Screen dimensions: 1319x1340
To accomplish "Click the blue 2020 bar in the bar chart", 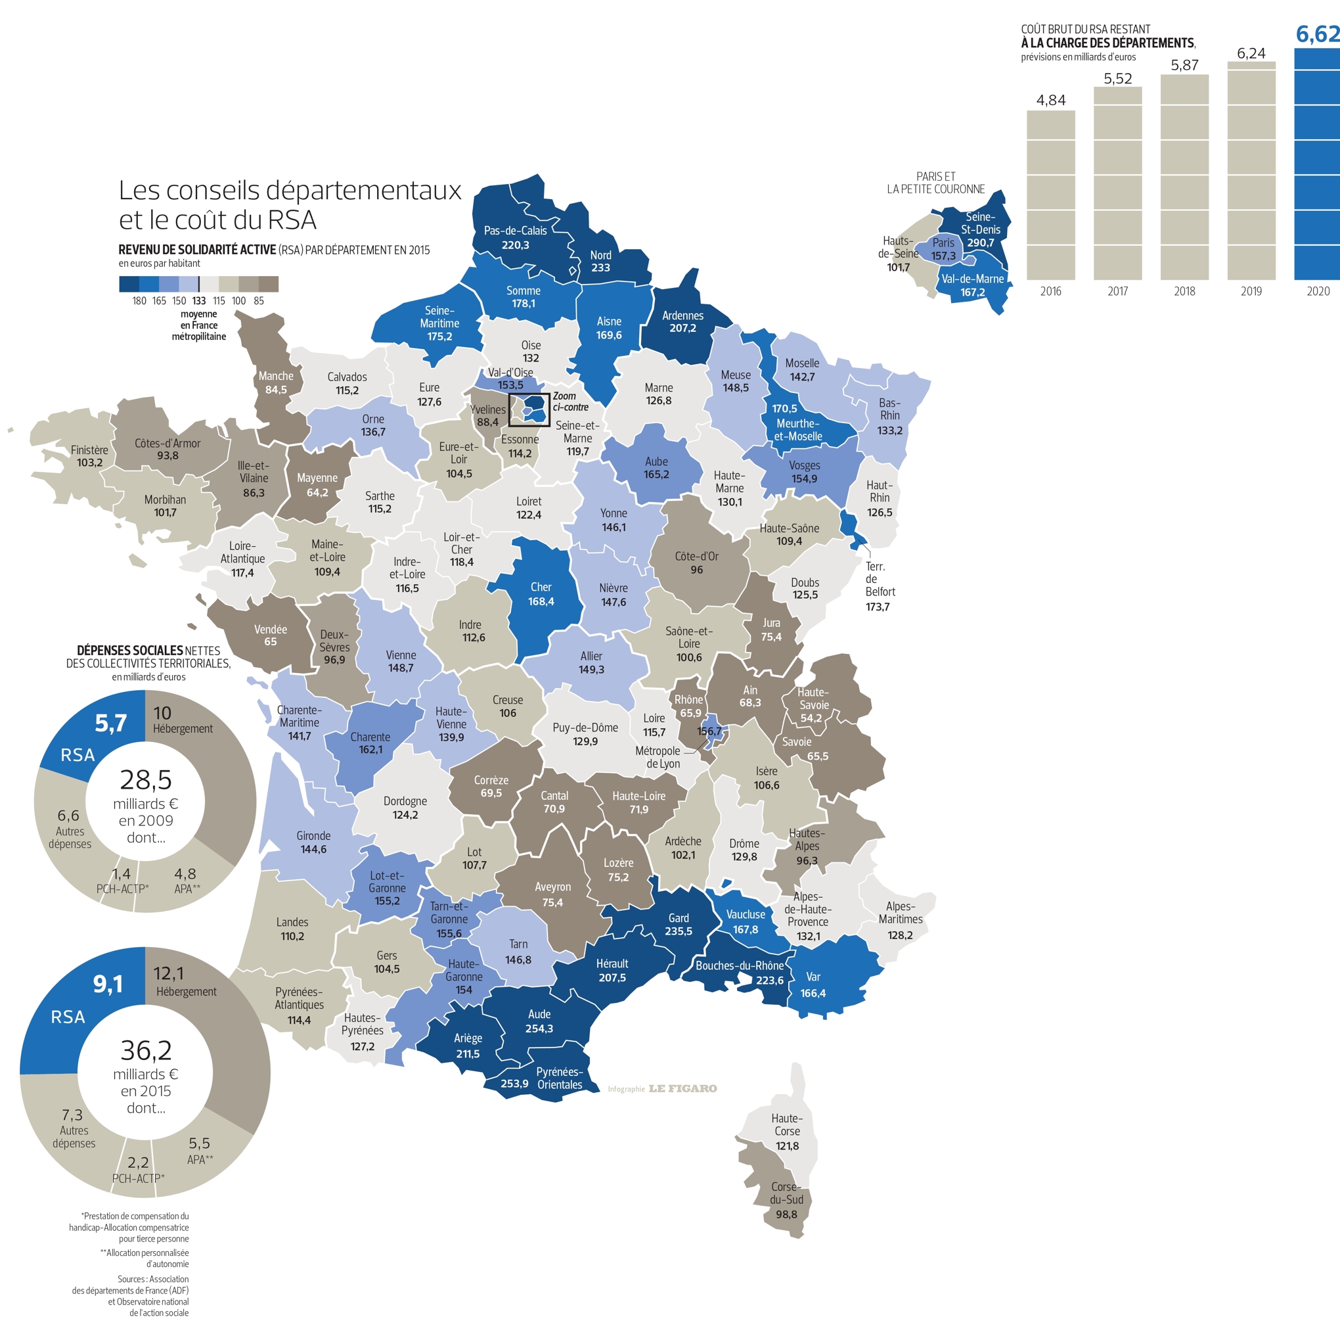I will coord(1316,166).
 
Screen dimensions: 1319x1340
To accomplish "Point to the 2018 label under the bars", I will coord(1184,292).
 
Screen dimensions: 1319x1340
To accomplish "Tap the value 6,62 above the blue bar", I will coord(1317,34).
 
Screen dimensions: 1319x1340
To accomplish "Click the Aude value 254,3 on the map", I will coord(539,1029).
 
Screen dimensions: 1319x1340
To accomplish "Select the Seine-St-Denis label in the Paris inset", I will coord(980,223).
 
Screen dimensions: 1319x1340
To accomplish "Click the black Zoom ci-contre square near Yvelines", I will coord(529,409).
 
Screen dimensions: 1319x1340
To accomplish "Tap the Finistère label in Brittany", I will coord(89,450).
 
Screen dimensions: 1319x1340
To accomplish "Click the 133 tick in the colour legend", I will coord(199,300).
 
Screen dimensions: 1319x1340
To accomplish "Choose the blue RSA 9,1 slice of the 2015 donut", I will coord(76,1004).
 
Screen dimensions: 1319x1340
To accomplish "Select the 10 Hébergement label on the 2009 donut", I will coord(182,720).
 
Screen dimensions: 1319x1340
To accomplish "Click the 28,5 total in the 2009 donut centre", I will coord(145,780).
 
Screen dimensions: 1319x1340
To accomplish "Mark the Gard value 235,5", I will coord(678,931).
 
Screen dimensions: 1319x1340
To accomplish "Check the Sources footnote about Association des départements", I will coord(130,1295).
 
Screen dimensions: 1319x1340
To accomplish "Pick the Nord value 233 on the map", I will coord(600,267).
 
